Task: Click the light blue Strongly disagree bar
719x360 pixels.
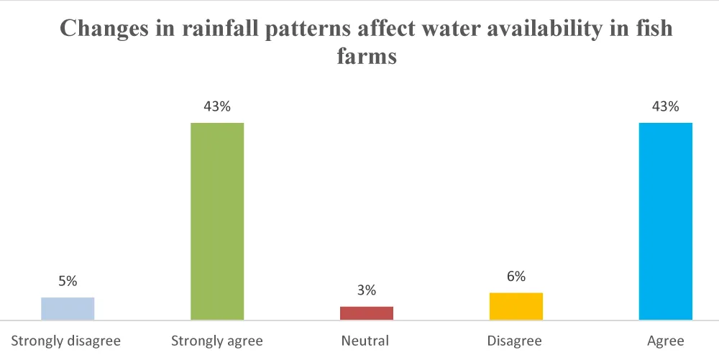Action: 68,308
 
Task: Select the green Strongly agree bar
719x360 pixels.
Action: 217,221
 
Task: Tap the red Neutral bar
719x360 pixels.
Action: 367,313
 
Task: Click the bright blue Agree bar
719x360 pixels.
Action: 666,221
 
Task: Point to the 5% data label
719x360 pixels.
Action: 68,281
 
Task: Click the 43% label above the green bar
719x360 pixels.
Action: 217,106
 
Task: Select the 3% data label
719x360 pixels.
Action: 367,290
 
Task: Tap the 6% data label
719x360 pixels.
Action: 516,276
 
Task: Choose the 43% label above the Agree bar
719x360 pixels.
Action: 666,106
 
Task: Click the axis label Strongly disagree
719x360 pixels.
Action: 65,340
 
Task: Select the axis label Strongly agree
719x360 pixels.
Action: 217,340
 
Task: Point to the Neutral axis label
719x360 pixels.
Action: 367,340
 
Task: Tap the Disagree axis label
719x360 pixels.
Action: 514,340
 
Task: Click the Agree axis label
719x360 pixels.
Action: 666,340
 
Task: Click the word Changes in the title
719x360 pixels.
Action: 100,29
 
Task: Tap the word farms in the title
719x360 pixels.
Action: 367,56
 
